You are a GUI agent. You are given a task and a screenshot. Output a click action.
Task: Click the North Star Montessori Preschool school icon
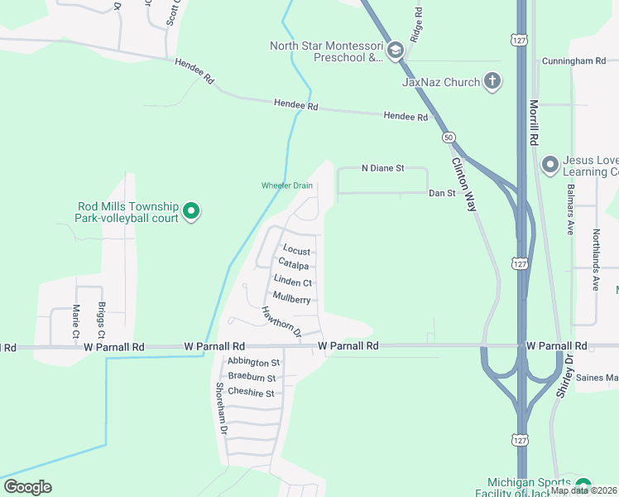pos(395,51)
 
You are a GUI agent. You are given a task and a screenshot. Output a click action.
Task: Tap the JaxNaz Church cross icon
pos(492,81)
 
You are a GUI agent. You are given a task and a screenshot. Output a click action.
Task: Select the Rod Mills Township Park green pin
pos(191,212)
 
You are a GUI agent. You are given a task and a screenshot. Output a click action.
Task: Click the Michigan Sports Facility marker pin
pos(583,486)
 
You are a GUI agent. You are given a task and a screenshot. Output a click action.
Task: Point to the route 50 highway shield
pos(448,137)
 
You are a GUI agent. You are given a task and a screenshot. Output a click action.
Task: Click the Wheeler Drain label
pos(286,186)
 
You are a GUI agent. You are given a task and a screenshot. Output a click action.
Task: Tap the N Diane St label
pos(382,168)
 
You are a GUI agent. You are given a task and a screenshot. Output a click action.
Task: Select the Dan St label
pos(442,193)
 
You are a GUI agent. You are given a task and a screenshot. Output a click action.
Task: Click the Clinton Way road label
pos(464,184)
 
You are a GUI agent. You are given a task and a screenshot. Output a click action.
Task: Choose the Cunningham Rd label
pos(574,61)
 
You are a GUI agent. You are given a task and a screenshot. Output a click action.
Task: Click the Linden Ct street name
pos(293,282)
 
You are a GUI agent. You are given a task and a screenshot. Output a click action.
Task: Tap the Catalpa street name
pos(294,266)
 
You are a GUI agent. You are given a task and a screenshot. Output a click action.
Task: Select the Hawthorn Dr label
pos(279,321)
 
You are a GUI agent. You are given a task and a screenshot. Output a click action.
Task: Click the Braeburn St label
pos(252,378)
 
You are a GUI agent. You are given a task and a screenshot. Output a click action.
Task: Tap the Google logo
pos(27,487)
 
